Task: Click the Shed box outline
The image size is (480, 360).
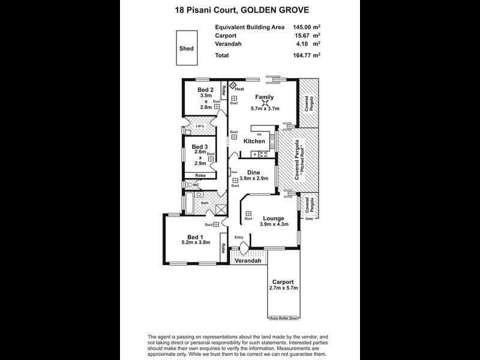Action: (186, 49)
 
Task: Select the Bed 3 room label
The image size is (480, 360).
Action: (200, 146)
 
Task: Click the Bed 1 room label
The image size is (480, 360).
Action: (196, 236)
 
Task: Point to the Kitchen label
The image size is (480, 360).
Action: (254, 141)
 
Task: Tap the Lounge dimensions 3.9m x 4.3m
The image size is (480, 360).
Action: (274, 224)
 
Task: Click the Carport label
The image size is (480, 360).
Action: (283, 281)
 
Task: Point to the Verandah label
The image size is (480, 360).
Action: (247, 262)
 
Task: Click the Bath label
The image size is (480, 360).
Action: (205, 203)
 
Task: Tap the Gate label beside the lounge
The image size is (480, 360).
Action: (310, 219)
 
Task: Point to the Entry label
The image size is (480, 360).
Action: (239, 237)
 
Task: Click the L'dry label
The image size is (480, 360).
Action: (200, 126)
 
